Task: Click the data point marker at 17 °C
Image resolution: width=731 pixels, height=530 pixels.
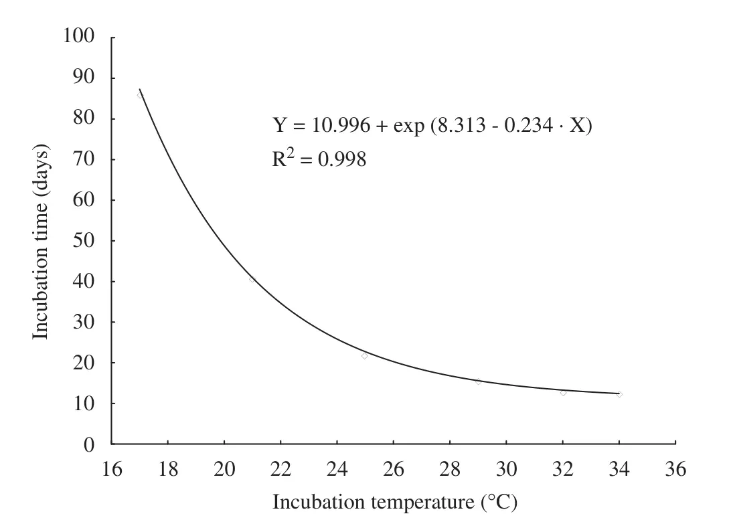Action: [140, 95]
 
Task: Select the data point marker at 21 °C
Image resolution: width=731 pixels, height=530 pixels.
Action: [252, 279]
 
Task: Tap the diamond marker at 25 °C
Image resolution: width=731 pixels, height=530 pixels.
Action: [365, 355]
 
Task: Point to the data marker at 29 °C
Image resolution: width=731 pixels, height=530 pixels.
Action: [479, 381]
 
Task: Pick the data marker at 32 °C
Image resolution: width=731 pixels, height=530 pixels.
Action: [563, 393]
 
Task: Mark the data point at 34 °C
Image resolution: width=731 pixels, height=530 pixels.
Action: [620, 394]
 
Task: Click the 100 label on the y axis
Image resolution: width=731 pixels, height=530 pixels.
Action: [79, 35]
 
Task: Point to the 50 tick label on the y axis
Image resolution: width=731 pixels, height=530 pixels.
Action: [84, 240]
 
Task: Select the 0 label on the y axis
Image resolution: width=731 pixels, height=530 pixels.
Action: [89, 445]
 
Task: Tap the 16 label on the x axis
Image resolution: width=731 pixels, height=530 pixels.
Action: [112, 469]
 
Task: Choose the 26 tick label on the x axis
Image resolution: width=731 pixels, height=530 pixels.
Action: [394, 469]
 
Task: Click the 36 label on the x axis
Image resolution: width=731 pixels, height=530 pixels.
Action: [675, 469]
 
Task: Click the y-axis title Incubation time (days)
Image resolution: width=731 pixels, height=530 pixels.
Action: [41, 242]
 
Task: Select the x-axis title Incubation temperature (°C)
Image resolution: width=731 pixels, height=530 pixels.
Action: [395, 503]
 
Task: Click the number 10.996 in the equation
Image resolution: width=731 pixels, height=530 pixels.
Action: [341, 125]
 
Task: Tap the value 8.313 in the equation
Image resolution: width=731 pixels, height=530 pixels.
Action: [461, 125]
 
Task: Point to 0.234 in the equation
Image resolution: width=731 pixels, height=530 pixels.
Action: [529, 125]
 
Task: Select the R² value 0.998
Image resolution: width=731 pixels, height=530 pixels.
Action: [342, 159]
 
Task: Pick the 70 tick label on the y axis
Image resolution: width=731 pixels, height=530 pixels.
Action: [84, 159]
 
